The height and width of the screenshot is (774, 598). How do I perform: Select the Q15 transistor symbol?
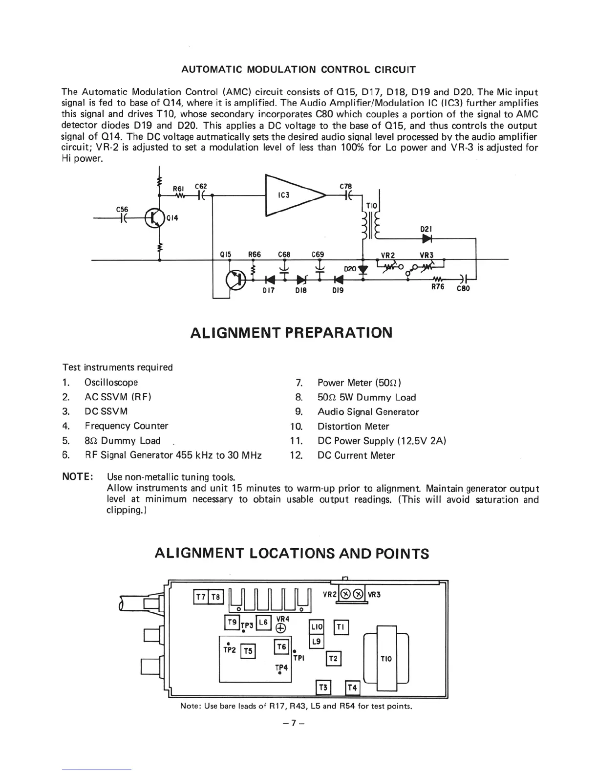235,279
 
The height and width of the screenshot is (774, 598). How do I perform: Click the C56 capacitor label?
122,209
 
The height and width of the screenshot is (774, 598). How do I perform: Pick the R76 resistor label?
438,287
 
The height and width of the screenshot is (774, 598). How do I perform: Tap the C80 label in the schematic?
463,288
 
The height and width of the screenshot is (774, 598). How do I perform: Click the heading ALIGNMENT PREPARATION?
291,333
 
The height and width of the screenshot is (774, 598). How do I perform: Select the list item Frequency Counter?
126,426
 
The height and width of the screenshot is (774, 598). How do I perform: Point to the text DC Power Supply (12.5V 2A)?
382,441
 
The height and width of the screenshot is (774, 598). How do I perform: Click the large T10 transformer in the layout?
386,659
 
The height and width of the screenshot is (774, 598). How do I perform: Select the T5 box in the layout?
248,651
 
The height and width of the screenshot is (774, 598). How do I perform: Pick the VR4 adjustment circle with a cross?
281,628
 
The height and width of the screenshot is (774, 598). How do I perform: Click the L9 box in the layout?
317,641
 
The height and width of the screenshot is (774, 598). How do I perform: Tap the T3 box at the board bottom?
323,688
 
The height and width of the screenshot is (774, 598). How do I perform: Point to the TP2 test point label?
230,650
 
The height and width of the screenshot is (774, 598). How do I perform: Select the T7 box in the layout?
201,597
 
